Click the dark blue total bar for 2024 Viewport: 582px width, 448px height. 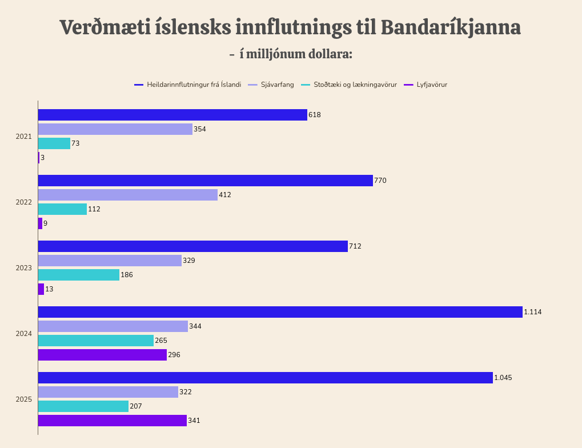pyautogui.click(x=280, y=312)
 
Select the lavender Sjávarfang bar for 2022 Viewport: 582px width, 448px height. pyautogui.click(x=128, y=195)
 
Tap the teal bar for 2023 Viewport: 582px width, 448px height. pyautogui.click(x=79, y=275)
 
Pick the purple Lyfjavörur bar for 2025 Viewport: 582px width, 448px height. pyautogui.click(x=113, y=421)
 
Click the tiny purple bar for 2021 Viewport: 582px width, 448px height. pyautogui.click(x=39, y=158)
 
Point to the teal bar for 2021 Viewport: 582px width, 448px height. pyautogui.click(x=54, y=143)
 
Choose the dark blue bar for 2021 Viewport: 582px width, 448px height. pyautogui.click(x=172, y=115)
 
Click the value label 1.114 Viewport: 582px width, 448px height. pyautogui.click(x=533, y=312)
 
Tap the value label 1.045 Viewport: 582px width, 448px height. pyautogui.click(x=503, y=378)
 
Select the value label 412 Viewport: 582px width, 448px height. pyautogui.click(x=224, y=195)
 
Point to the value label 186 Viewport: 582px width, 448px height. pyautogui.click(x=127, y=275)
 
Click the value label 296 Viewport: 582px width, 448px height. pyautogui.click(x=174, y=355)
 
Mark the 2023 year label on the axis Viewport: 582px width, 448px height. pyautogui.click(x=23, y=268)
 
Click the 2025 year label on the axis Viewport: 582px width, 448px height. pyautogui.click(x=23, y=399)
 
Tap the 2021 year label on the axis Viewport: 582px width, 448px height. pyautogui.click(x=23, y=137)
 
